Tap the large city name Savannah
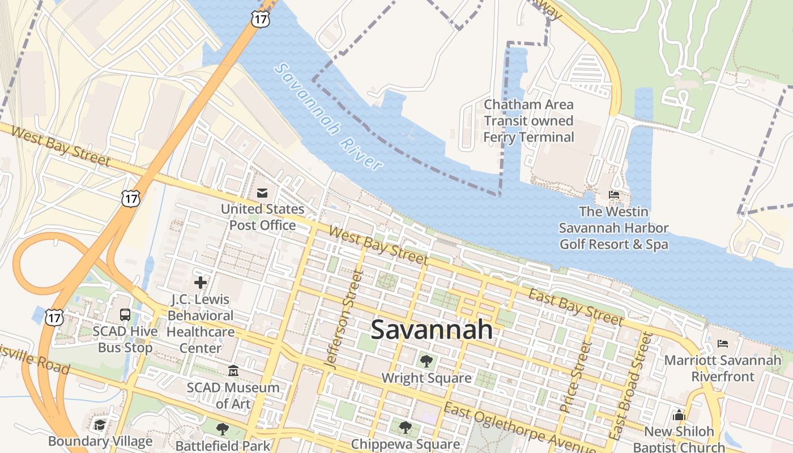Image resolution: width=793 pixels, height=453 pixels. [x=432, y=330]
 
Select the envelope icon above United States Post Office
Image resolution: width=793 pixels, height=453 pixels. [x=262, y=193]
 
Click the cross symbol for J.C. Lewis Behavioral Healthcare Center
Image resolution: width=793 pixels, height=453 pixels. [x=200, y=282]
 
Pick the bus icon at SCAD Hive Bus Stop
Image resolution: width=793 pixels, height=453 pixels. [x=125, y=315]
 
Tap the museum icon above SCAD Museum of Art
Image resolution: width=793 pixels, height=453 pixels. [x=233, y=371]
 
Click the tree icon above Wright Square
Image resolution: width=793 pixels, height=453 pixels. [x=426, y=361]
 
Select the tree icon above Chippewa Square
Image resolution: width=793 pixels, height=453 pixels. [x=404, y=427]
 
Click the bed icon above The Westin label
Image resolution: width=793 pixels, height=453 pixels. [x=613, y=195]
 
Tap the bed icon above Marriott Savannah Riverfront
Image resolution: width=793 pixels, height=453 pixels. [x=722, y=343]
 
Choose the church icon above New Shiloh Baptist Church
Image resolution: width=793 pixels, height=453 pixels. [x=679, y=415]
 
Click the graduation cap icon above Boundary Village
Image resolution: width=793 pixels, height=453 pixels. [x=100, y=425]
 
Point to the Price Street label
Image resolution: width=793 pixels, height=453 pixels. [x=575, y=377]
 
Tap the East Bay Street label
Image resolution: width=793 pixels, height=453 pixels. [x=575, y=306]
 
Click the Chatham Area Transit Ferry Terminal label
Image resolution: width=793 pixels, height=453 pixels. [x=528, y=121]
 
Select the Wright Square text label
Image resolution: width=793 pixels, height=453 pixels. [x=427, y=378]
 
